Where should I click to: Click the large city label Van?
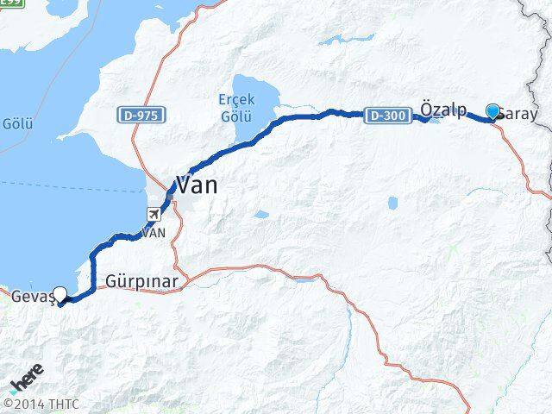tap(197, 184)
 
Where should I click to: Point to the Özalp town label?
tap(442, 108)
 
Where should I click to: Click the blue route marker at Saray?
tap(492, 111)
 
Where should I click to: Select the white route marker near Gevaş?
tap(60, 293)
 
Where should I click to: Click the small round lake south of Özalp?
tap(392, 204)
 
